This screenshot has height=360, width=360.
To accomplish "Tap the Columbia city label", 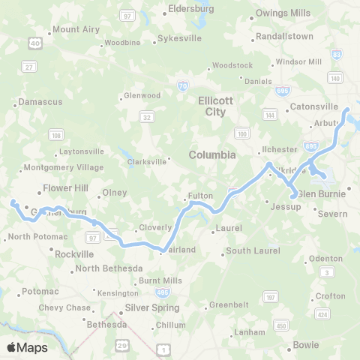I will (x=212, y=154).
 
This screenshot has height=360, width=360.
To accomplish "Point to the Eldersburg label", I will (x=191, y=10).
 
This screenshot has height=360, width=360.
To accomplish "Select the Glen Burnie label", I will (x=322, y=193).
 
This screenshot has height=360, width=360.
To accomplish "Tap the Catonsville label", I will (x=313, y=106).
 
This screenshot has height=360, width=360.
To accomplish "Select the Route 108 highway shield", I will (x=56, y=135).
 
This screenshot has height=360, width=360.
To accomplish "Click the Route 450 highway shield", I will (x=280, y=325).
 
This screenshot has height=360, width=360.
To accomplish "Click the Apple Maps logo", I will (x=27, y=347).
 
